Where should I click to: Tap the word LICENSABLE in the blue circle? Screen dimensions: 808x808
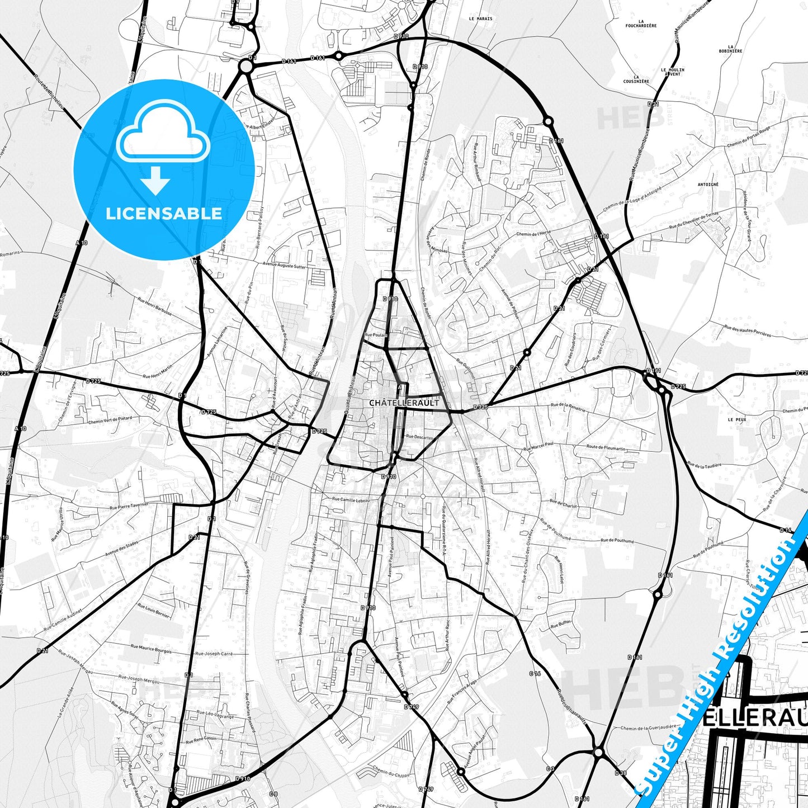coord(164,214)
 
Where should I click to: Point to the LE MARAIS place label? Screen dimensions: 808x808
coord(480,18)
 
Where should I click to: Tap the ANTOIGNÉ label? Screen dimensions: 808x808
coord(708,184)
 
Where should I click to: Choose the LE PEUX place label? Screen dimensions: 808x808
coord(736,419)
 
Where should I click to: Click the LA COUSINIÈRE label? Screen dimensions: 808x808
coord(636,79)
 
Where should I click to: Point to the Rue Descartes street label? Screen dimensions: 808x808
coord(419,437)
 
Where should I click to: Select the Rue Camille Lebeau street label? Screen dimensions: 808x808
coord(351,499)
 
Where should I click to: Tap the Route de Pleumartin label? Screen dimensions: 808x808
coord(606,448)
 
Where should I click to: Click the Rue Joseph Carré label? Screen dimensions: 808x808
coord(214,654)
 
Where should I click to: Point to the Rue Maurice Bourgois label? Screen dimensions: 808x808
coord(151,649)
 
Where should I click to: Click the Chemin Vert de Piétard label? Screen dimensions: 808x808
coord(110,420)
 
